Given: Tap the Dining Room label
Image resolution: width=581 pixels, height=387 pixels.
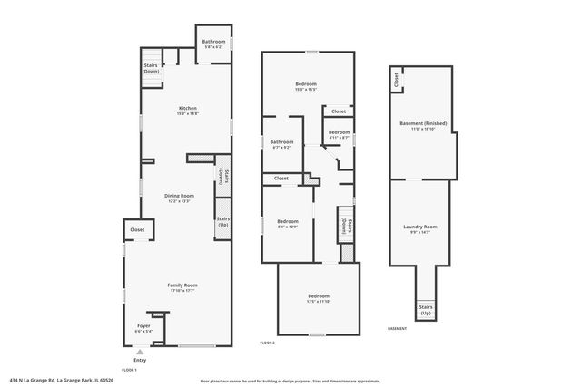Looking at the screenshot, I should point(179,198).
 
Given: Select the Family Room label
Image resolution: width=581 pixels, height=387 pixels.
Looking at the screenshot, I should point(182,287).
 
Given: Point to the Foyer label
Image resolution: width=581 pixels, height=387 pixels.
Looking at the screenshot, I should point(143,327).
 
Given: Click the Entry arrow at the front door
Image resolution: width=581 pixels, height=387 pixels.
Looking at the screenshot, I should point(140,358).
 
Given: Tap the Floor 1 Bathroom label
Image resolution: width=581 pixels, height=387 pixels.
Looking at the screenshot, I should point(214,43).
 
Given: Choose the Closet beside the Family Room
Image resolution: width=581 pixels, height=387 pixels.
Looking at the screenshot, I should point(137,230).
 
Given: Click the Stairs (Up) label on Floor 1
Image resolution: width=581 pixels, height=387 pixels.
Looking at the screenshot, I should point(222,222).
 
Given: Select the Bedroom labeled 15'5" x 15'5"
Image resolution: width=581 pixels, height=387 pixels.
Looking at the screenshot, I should point(305,86).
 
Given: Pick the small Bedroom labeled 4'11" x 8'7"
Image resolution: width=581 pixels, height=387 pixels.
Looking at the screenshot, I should point(339,134).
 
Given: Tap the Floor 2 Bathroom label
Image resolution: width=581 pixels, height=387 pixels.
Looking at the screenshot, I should point(281,143).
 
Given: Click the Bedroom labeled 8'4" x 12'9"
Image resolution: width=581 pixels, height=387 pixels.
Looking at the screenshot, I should point(288,223).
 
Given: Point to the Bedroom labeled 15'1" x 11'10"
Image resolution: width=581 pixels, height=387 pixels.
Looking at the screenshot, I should point(318,298).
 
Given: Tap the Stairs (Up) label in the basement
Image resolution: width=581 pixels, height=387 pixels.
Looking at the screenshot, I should point(425,309).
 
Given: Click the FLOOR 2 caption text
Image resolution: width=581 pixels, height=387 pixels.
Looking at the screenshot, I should point(267,343).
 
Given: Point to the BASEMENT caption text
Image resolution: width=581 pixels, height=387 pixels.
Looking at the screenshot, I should point(397,328).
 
